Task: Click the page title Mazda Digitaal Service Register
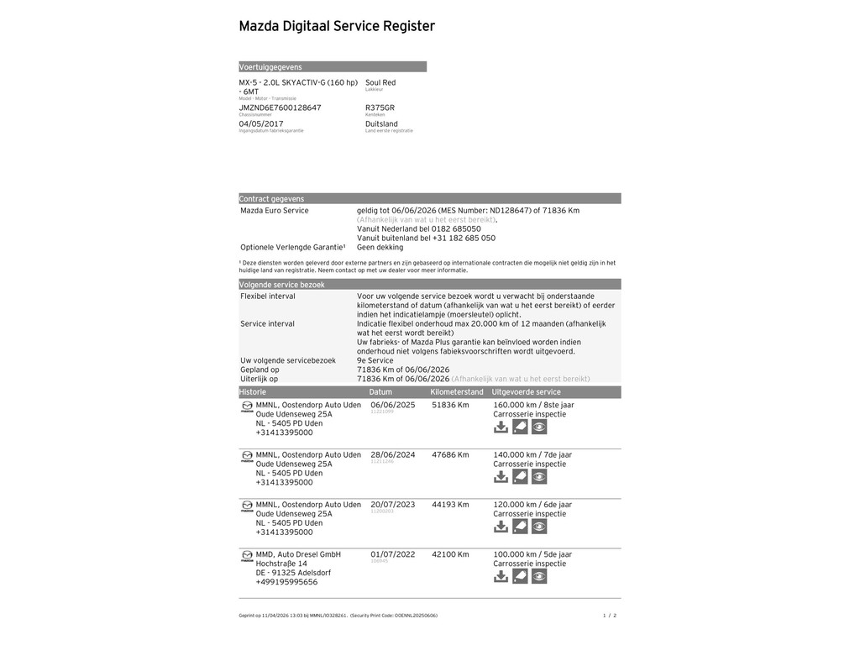coord(337,27)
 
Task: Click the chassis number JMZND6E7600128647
coord(280,107)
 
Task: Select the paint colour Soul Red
coord(380,82)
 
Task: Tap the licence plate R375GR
coord(380,107)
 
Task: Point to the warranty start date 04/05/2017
coord(261,123)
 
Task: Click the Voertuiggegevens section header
coord(270,67)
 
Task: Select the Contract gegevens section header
coord(271,199)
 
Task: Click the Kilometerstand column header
coord(457,392)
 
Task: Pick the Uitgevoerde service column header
coord(526,392)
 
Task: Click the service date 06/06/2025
coord(393,405)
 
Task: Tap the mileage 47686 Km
coord(450,454)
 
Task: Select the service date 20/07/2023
coord(393,505)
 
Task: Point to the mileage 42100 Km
coord(450,554)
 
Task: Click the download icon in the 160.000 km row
coord(501,427)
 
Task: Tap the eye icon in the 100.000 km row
coord(539,577)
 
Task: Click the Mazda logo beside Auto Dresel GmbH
coord(247,556)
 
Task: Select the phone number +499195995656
coord(286,582)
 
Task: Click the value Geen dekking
coord(380,248)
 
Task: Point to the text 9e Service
coord(375,360)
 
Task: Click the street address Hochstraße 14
coord(281,564)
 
